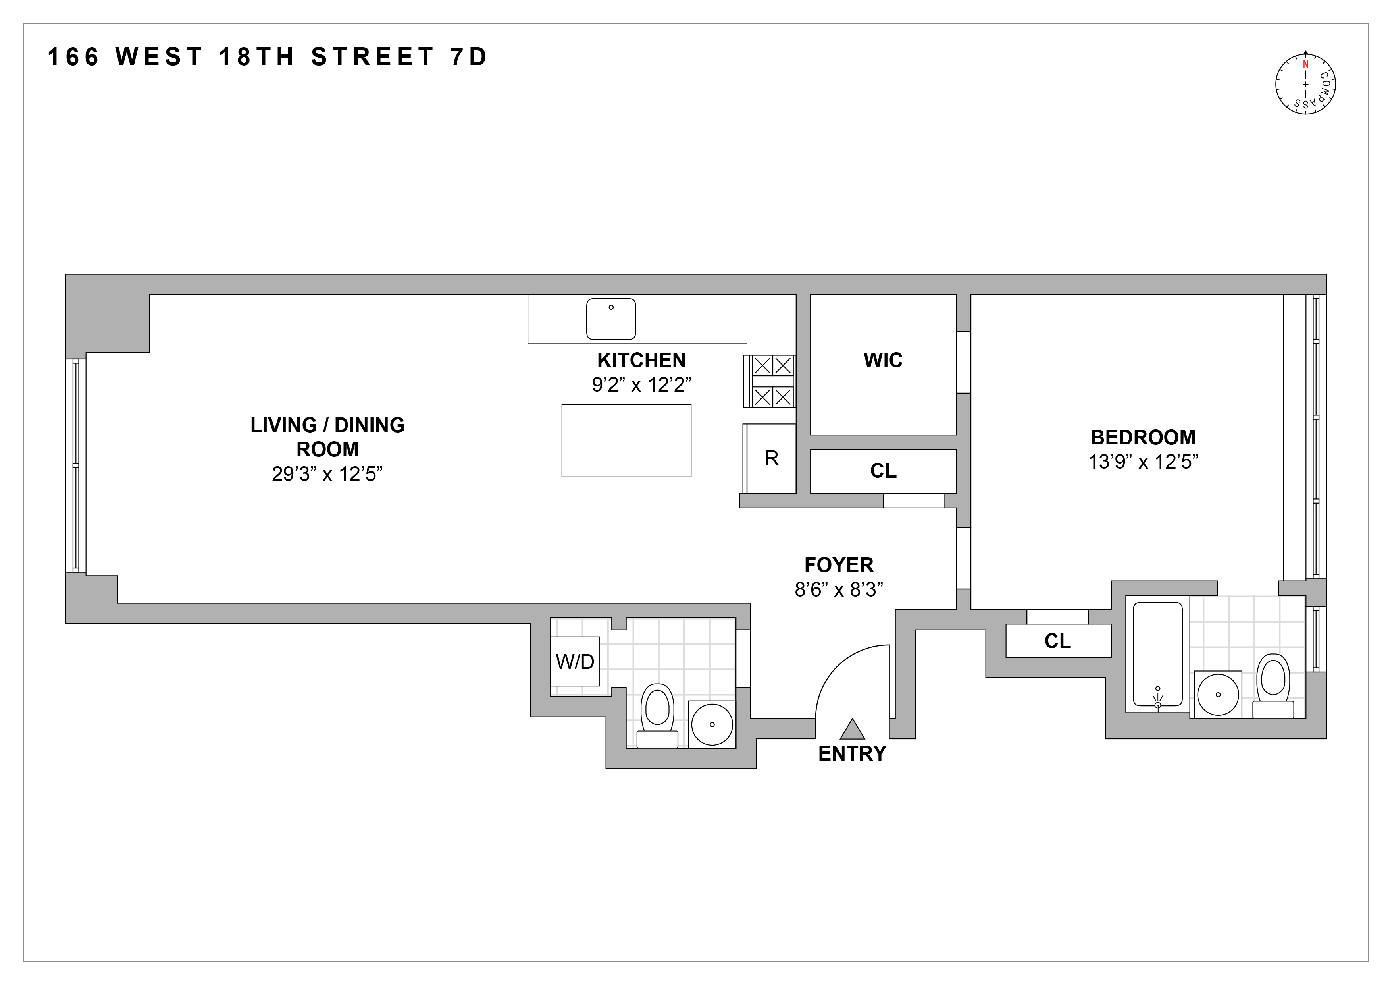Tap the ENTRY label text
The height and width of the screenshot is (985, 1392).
(852, 753)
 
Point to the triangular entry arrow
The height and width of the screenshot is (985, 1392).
(852, 730)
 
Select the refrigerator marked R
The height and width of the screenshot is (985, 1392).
(771, 458)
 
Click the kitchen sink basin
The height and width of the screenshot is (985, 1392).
(610, 319)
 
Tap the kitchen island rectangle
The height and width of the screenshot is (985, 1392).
(626, 440)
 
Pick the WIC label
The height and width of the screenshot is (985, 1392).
(883, 360)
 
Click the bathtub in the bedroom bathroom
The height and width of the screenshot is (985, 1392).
(1157, 655)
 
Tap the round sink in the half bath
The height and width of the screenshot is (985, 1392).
(712, 724)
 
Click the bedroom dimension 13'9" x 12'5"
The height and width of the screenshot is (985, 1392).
(1143, 462)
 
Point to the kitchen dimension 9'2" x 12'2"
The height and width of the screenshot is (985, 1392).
(641, 384)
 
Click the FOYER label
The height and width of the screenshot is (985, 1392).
(838, 565)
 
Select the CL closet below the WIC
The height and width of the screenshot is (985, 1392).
(883, 471)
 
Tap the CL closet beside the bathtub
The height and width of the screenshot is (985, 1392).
(1058, 641)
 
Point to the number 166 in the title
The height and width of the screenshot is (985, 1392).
(73, 57)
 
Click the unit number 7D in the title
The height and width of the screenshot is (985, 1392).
(469, 57)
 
